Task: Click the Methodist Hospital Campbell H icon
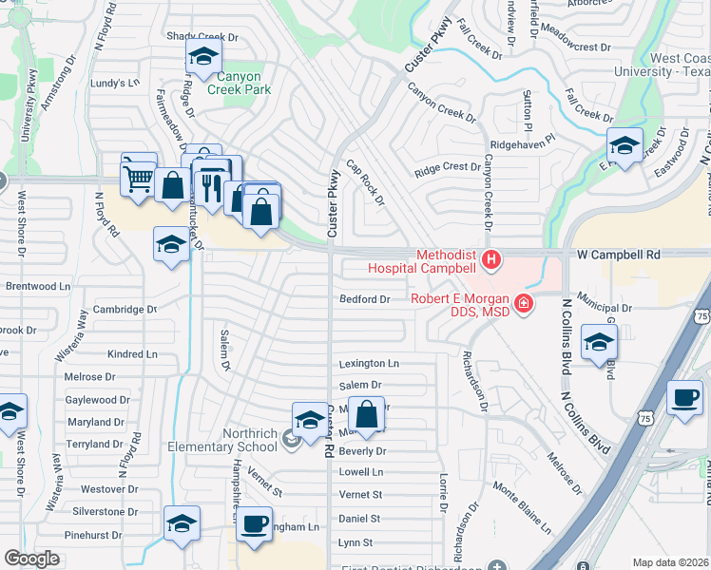[491, 258]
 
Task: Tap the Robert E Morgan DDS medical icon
[522, 304]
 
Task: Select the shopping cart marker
[139, 176]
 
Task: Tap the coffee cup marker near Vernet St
[253, 523]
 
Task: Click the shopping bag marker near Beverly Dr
[366, 414]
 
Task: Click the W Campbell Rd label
[618, 256]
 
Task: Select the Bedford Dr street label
[365, 299]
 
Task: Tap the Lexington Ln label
[369, 364]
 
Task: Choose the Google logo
[31, 559]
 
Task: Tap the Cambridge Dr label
[125, 310]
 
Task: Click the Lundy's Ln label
[115, 83]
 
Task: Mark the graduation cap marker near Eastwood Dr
[625, 145]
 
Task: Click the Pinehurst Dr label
[94, 536]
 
